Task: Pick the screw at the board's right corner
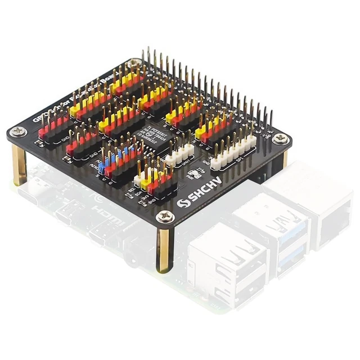281,137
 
